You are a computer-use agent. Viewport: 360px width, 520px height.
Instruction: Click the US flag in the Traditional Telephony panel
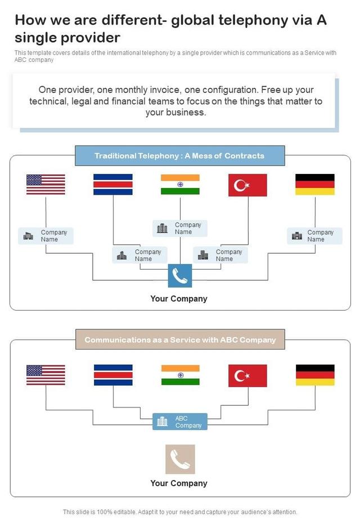tap(46, 185)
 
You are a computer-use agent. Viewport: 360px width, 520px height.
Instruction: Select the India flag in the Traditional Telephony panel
tap(180, 185)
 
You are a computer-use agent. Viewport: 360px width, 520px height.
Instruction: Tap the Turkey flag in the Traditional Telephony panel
tap(247, 185)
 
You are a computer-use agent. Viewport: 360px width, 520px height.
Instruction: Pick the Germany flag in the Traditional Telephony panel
tap(315, 185)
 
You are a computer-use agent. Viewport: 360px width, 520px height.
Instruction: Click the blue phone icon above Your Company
tap(180, 276)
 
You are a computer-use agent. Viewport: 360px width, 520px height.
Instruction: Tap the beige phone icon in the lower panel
tap(180, 459)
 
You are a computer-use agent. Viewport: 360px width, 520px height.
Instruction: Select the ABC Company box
tap(180, 422)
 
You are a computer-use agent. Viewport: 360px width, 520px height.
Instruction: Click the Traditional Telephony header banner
tap(180, 156)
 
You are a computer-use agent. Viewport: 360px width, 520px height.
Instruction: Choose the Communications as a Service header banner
tap(180, 340)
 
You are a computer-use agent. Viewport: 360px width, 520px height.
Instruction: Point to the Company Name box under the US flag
tap(46, 236)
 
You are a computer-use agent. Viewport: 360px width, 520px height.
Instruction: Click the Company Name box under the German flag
tap(314, 236)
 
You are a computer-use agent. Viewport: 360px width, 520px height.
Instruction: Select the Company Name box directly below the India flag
tap(180, 228)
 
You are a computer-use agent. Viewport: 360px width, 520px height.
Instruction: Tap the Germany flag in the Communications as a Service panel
tap(315, 375)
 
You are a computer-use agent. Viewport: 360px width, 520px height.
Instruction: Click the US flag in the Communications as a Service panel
tap(46, 375)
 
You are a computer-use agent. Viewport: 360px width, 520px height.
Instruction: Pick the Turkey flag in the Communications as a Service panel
tap(247, 375)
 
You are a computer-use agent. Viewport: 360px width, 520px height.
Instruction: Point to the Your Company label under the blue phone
tap(179, 299)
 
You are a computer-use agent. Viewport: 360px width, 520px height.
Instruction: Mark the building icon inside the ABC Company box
tap(163, 422)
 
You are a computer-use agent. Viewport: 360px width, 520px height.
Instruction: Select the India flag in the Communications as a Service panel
tap(180, 375)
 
